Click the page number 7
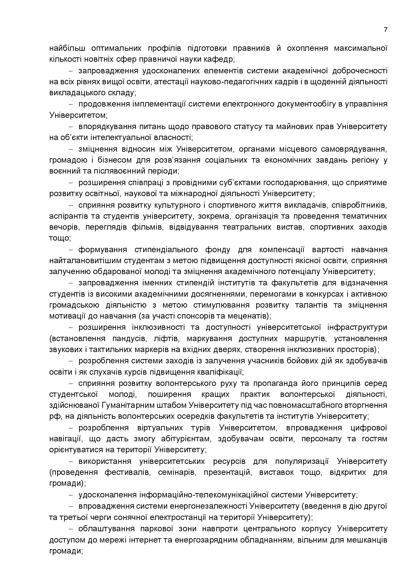[385, 30]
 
